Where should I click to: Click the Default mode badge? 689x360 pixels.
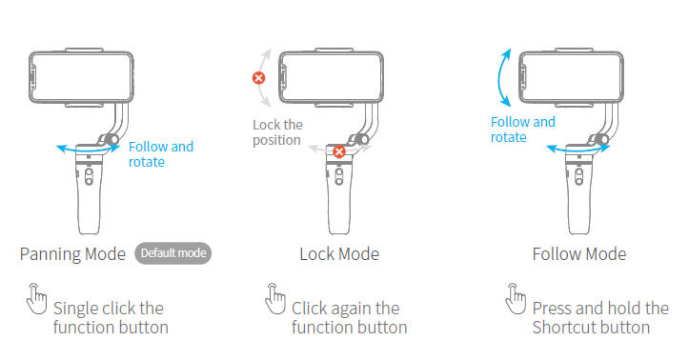pyautogui.click(x=172, y=253)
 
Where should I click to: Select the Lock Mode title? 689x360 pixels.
pyautogui.click(x=339, y=254)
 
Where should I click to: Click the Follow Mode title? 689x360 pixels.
pyautogui.click(x=579, y=254)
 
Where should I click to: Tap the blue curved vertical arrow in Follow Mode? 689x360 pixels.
pyautogui.click(x=502, y=75)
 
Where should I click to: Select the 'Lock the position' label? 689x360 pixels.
pyautogui.click(x=277, y=132)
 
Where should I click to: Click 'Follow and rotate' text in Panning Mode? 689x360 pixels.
pyautogui.click(x=160, y=154)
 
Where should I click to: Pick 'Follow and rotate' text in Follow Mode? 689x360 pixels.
pyautogui.click(x=522, y=130)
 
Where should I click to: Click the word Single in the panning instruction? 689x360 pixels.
pyautogui.click(x=77, y=309)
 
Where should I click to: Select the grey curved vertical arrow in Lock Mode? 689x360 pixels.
pyautogui.click(x=270, y=76)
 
